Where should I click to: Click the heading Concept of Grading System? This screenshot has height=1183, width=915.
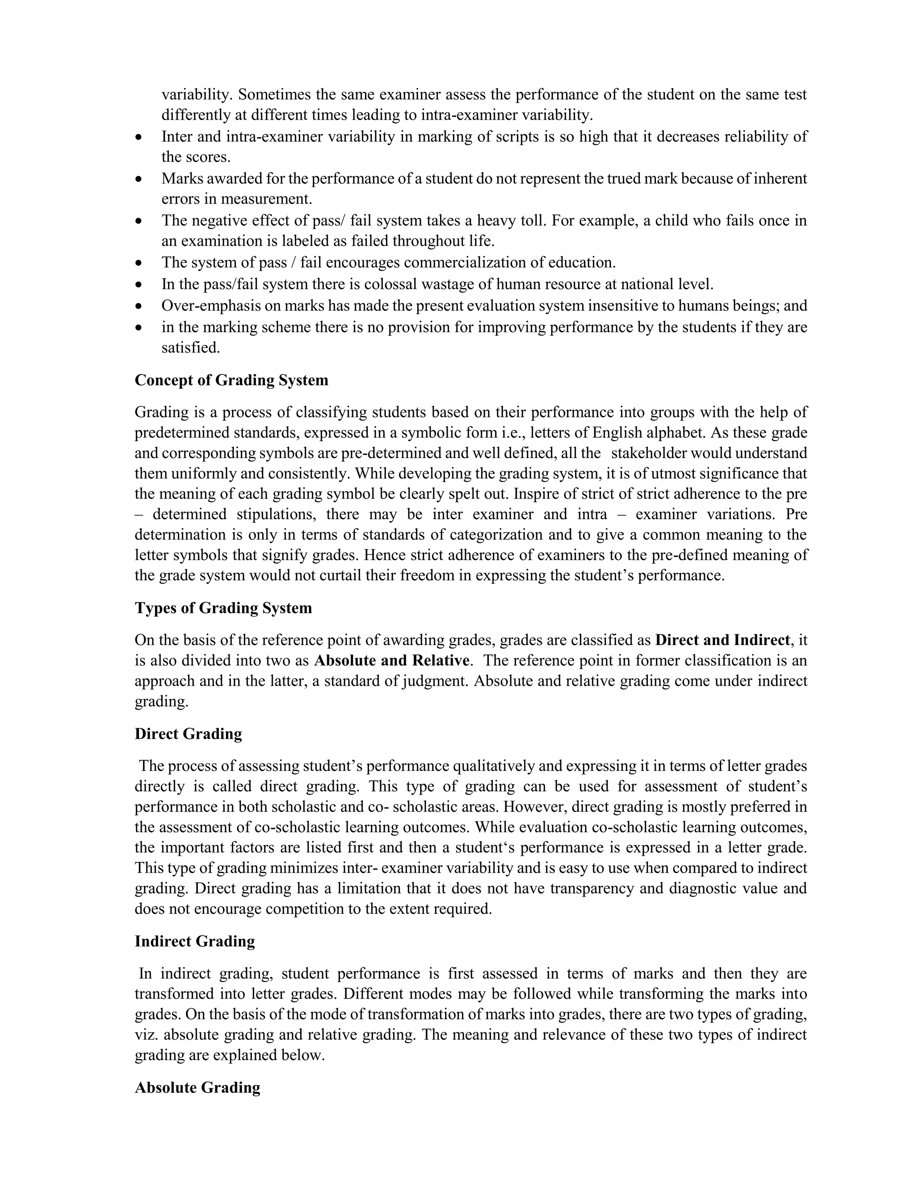[231, 380]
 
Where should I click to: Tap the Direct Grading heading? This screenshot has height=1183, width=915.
[188, 734]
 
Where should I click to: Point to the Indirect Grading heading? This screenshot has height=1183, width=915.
[195, 941]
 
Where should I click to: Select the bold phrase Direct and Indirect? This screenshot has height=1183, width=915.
[722, 640]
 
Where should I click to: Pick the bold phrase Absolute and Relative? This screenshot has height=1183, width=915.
[391, 661]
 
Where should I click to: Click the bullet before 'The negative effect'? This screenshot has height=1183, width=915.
[139, 221]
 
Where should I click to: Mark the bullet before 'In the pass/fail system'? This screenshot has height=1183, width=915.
[139, 285]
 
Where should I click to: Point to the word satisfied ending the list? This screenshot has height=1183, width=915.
[190, 348]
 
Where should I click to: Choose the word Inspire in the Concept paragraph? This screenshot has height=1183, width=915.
[533, 494]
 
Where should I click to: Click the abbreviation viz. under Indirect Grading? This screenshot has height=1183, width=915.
[147, 1035]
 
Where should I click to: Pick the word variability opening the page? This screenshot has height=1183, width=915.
[197, 95]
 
